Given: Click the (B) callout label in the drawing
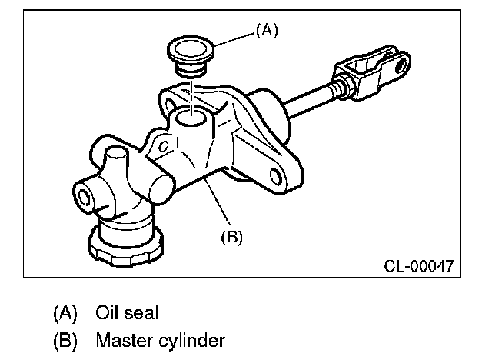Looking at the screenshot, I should coord(231,238).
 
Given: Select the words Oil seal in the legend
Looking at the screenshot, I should coord(127,313).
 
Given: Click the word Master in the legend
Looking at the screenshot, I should coord(121,339).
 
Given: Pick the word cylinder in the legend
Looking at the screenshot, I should coord(188,339).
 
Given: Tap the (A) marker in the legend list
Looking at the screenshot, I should coord(65,313).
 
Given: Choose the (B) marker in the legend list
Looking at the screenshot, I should coord(65,339).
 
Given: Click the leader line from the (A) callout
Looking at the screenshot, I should coord(230,37).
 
